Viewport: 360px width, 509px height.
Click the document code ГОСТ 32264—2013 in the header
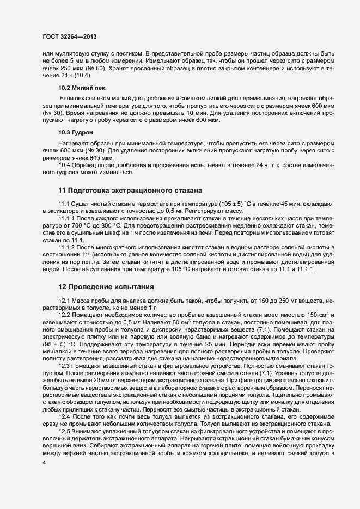(70, 36)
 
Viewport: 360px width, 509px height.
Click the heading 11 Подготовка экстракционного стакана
(130, 190)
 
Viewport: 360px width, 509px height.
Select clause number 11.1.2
(68, 247)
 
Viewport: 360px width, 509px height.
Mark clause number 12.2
(65, 315)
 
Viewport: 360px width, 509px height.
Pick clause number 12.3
(65, 367)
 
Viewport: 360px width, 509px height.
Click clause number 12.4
(65, 416)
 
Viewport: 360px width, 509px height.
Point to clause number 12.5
(65, 431)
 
